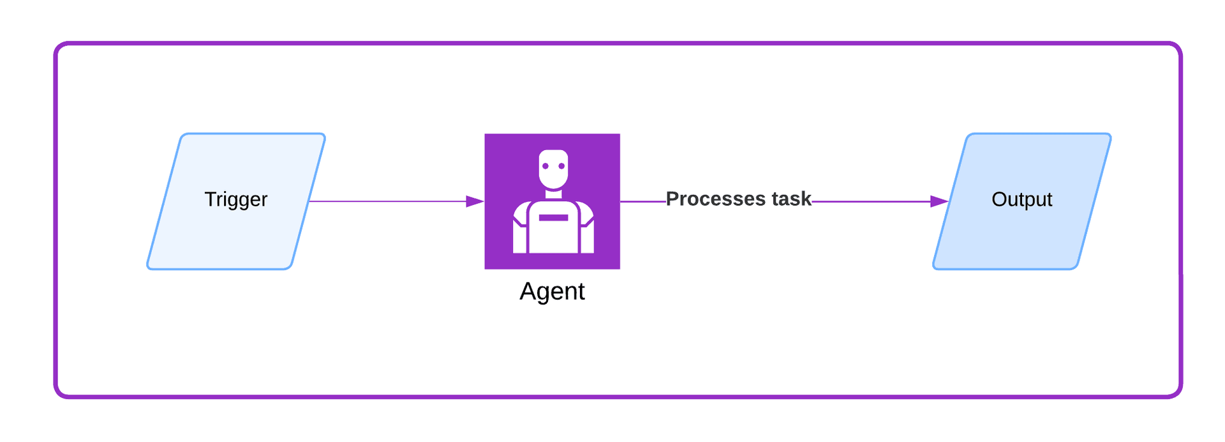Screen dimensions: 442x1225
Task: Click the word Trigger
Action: tap(235, 199)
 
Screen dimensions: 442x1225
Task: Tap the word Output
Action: tap(1021, 199)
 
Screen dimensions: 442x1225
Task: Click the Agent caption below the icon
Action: tap(552, 291)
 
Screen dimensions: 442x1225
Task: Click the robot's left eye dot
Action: tap(546, 166)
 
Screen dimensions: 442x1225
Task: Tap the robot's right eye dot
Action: tap(561, 166)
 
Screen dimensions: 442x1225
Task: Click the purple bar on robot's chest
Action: tap(553, 218)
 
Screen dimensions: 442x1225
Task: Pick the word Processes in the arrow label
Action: tap(715, 199)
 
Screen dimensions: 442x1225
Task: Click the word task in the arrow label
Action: tap(791, 199)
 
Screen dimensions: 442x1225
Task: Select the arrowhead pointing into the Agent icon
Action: tap(475, 201)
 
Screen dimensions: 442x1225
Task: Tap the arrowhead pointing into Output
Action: tap(939, 201)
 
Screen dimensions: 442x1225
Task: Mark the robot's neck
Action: tap(553, 194)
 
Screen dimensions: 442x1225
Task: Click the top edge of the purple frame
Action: tap(612, 43)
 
